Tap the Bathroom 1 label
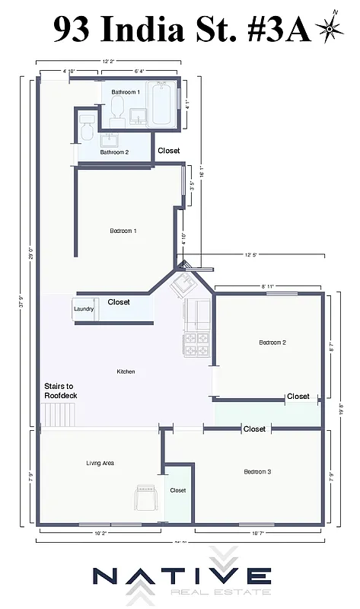point(126,92)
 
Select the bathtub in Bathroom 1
point(162,104)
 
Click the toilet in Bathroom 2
point(87,129)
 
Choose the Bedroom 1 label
point(123,230)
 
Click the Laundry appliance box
point(84,309)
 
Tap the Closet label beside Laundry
point(119,302)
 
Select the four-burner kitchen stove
point(198,345)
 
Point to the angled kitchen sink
point(183,286)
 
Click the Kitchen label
point(126,371)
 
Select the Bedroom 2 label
point(272,343)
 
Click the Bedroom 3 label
point(257,472)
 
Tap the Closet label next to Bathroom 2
point(169,151)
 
